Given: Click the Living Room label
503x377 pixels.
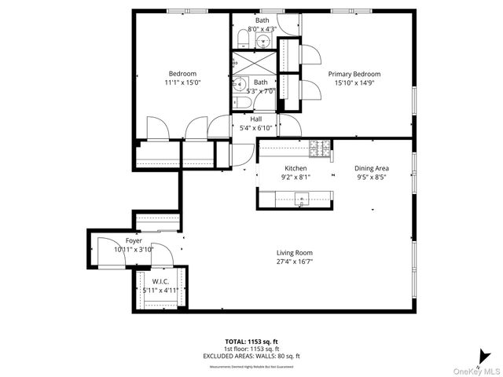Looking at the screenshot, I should pyautogui.click(x=295, y=253).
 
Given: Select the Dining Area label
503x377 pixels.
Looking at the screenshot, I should pyautogui.click(x=372, y=168).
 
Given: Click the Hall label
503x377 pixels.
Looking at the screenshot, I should pyautogui.click(x=256, y=119).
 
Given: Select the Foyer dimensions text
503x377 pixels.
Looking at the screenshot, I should pyautogui.click(x=134, y=249).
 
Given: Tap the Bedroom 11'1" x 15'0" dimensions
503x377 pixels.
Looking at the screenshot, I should pyautogui.click(x=182, y=82).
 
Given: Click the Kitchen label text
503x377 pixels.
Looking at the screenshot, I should pyautogui.click(x=296, y=168).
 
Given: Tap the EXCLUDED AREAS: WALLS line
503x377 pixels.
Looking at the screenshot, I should pyautogui.click(x=251, y=356).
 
